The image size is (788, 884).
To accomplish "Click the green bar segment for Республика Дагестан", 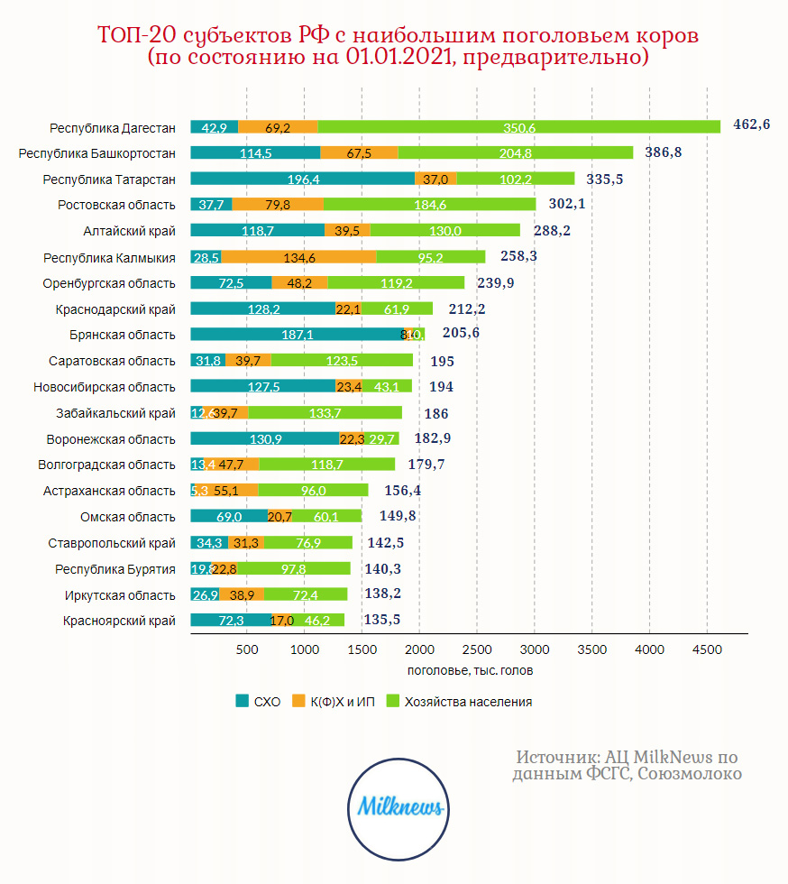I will coord(519,127).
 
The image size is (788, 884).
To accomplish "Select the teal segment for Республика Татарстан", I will coord(302,179).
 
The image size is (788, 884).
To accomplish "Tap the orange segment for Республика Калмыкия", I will coord(298,257).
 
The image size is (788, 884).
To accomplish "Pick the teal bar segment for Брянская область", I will coord(298,334).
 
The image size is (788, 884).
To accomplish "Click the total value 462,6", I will coord(751,124).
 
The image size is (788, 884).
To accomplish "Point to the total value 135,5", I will coord(381,620).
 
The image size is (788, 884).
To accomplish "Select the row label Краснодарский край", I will coord(115,309).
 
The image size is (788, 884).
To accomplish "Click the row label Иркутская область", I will coord(120,595).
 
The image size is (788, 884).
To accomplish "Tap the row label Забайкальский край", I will coord(116,413).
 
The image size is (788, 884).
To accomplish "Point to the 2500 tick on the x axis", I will coord(476,649).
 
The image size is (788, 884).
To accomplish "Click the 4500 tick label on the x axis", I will coord(707,649).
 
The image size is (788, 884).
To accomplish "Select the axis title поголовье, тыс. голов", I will coord(469,670).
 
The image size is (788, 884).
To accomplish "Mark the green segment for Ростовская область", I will coord(429,205).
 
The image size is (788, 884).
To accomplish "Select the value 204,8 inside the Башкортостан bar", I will coord(515,153).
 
